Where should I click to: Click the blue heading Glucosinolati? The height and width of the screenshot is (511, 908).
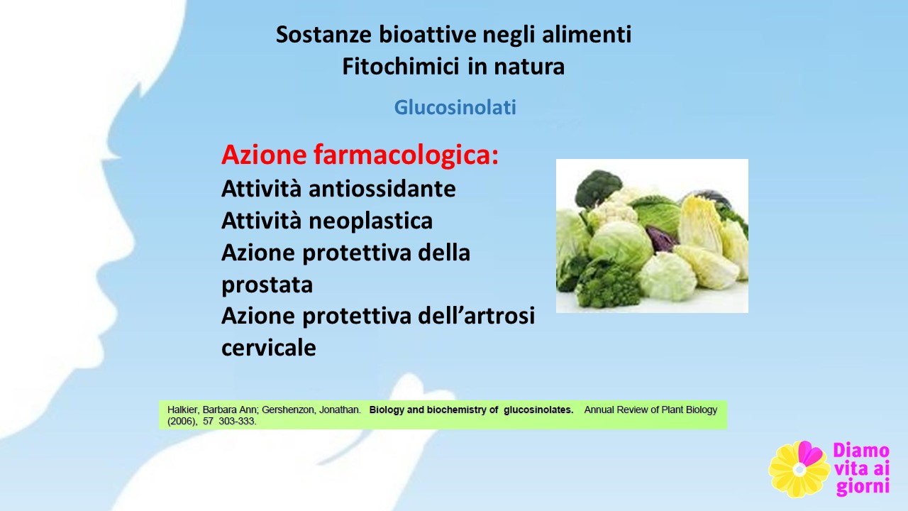point(455,107)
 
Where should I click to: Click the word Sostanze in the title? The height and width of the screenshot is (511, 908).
point(323,35)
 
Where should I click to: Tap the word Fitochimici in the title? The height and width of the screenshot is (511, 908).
point(401,67)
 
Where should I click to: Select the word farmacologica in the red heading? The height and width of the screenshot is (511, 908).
point(406,155)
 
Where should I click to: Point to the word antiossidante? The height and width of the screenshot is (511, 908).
point(382,189)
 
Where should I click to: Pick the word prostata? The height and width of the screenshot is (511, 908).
point(267,285)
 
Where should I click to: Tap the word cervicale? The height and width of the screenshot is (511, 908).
point(268,348)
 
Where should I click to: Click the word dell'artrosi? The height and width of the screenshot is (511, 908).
point(476,316)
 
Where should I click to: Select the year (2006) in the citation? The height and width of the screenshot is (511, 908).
point(182,422)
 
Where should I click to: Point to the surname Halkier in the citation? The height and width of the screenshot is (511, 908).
point(183,410)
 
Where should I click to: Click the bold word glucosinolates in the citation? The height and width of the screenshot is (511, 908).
point(538,410)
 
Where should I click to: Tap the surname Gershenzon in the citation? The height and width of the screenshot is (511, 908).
point(288,410)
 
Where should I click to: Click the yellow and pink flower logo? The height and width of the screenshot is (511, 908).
point(799,469)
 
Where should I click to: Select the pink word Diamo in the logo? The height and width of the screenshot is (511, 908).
point(861,450)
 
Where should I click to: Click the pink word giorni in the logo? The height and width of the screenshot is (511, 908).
point(863,487)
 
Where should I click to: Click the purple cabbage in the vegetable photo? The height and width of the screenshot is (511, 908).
point(660,238)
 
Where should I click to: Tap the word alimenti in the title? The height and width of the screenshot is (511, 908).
point(587,35)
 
